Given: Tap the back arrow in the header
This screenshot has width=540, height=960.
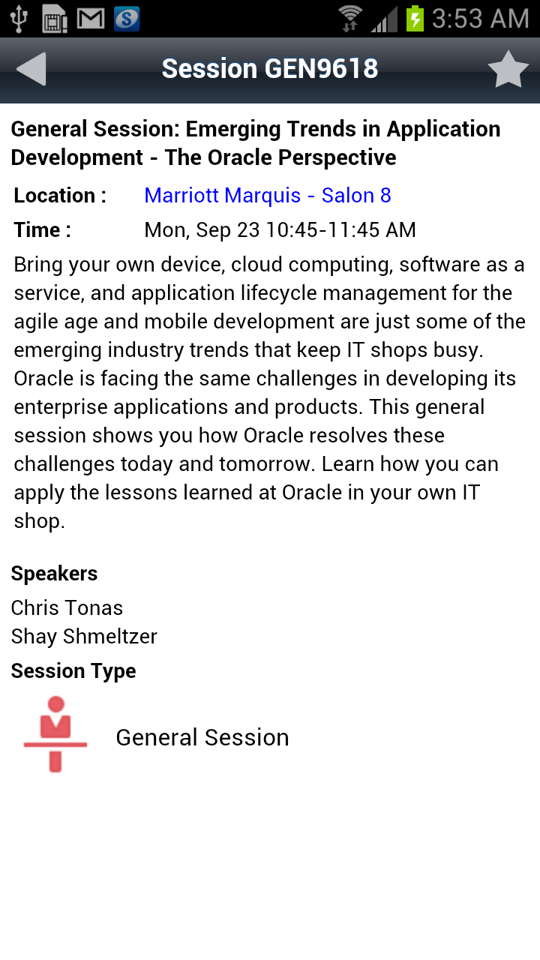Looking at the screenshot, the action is (x=31, y=69).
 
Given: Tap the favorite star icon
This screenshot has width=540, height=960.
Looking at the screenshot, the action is (x=508, y=70).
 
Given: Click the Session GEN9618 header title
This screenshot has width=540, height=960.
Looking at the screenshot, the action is (x=270, y=68).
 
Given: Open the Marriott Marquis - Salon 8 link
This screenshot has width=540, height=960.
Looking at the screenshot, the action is (x=268, y=196).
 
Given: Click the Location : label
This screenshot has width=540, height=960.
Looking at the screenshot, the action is (x=60, y=196).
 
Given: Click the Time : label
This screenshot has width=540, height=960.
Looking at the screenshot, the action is (x=43, y=229).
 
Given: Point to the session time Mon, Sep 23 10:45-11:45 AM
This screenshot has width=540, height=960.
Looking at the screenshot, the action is (x=280, y=229).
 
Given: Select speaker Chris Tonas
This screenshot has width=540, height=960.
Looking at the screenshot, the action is (x=67, y=607).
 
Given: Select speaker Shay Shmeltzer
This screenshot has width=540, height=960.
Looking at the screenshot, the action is (x=84, y=637).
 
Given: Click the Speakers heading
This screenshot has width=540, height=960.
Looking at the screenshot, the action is (x=55, y=574).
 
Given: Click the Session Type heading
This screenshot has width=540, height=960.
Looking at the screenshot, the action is (x=73, y=671).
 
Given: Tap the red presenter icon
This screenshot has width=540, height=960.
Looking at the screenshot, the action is (x=55, y=734).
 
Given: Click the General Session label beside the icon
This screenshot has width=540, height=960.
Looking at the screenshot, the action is (x=202, y=737).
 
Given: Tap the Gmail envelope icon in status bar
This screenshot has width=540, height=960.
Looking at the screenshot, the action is (x=91, y=19).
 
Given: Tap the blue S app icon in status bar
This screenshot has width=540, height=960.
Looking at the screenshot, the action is (x=127, y=19).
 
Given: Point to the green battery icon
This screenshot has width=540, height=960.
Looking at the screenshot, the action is (x=415, y=19).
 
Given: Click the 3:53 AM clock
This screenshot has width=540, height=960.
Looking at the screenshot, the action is (x=481, y=19).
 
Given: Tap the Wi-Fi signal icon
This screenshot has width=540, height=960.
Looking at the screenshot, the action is (x=350, y=19).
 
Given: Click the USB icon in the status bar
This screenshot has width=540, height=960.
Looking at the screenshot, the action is (x=19, y=19).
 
